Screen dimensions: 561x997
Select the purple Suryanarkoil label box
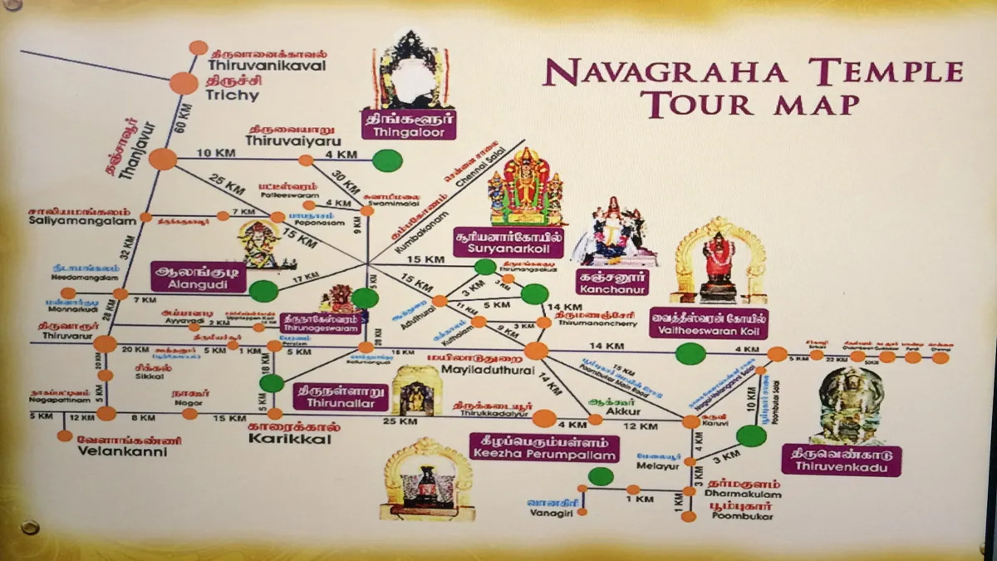pos(508,241)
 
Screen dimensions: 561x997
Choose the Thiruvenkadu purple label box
pos(841,460)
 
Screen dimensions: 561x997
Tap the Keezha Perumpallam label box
pos(544,448)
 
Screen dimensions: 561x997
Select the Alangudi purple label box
pos(199,275)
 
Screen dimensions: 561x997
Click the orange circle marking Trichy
pos(184,83)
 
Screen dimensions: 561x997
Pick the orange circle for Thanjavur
pos(163,158)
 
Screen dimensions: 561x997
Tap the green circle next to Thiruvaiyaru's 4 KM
pos(387,160)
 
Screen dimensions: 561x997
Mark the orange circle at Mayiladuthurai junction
pos(536,351)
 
